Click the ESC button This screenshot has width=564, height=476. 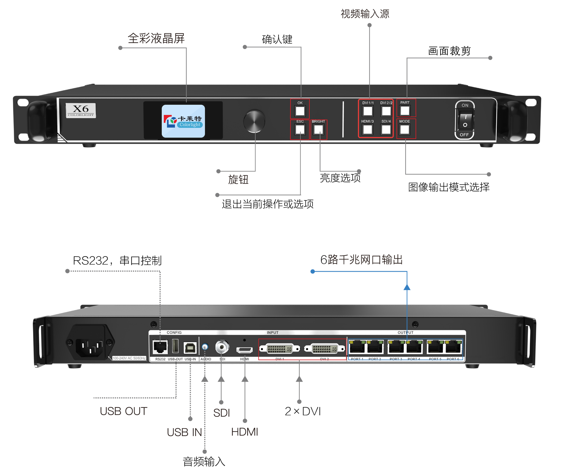click(300, 130)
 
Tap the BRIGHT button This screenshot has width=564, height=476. click(318, 130)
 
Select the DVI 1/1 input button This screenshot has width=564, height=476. click(368, 111)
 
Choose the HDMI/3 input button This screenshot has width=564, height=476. click(367, 130)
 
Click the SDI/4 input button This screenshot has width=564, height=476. click(386, 130)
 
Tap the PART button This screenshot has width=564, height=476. click(405, 111)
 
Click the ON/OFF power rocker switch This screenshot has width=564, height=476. click(465, 120)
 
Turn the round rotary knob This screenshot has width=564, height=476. click(254, 121)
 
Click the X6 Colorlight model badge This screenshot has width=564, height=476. click(81, 110)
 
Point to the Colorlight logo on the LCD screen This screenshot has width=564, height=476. click(183, 121)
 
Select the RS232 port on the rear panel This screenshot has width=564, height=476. click(160, 347)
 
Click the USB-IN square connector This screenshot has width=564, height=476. click(190, 348)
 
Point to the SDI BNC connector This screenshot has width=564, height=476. click(222, 347)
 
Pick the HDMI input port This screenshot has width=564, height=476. click(244, 350)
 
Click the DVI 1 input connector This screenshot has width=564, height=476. click(279, 349)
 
